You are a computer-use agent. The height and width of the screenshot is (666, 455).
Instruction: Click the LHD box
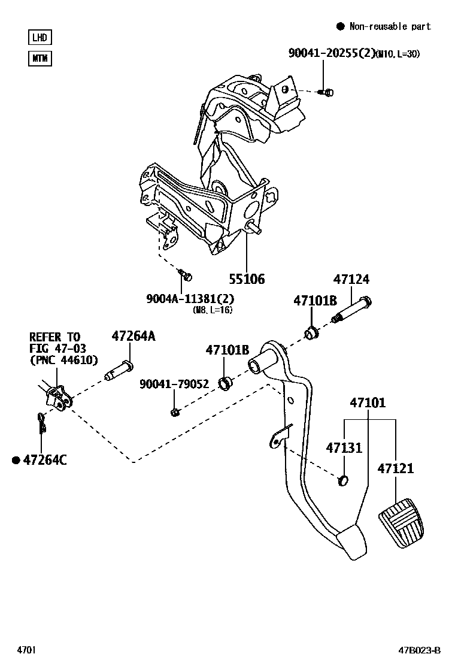(40, 37)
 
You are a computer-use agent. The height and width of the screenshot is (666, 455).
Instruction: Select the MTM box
(40, 59)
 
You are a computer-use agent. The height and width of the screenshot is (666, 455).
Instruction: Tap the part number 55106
(246, 279)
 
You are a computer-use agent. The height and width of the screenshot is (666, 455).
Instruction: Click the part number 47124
(351, 280)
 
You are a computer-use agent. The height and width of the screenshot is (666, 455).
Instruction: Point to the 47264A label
(133, 337)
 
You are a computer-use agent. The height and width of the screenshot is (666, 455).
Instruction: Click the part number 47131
(344, 448)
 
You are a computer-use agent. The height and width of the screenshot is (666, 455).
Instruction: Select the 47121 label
(395, 468)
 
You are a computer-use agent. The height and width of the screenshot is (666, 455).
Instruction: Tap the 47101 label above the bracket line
(368, 403)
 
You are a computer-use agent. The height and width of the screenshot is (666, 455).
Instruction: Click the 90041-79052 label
(174, 384)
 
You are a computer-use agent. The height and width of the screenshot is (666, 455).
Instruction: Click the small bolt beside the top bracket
(327, 92)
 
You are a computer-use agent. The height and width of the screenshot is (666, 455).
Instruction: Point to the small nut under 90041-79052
(174, 411)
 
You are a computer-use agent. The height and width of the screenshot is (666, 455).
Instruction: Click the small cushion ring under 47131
(343, 479)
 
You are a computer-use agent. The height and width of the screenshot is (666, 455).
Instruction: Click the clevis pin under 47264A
(120, 371)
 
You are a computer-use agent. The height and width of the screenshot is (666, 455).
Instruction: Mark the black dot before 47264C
(17, 460)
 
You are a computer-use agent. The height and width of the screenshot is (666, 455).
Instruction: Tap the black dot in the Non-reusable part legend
(340, 26)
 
